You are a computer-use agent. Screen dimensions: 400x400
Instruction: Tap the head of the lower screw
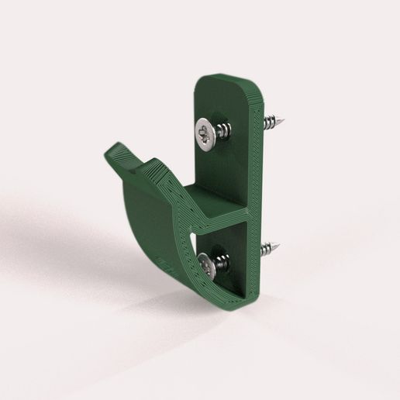pyautogui.click(x=205, y=265)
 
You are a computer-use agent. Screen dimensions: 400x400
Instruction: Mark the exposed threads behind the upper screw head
pyautogui.click(x=223, y=129)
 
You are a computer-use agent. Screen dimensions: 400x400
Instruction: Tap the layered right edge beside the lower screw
pyautogui.click(x=253, y=264)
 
